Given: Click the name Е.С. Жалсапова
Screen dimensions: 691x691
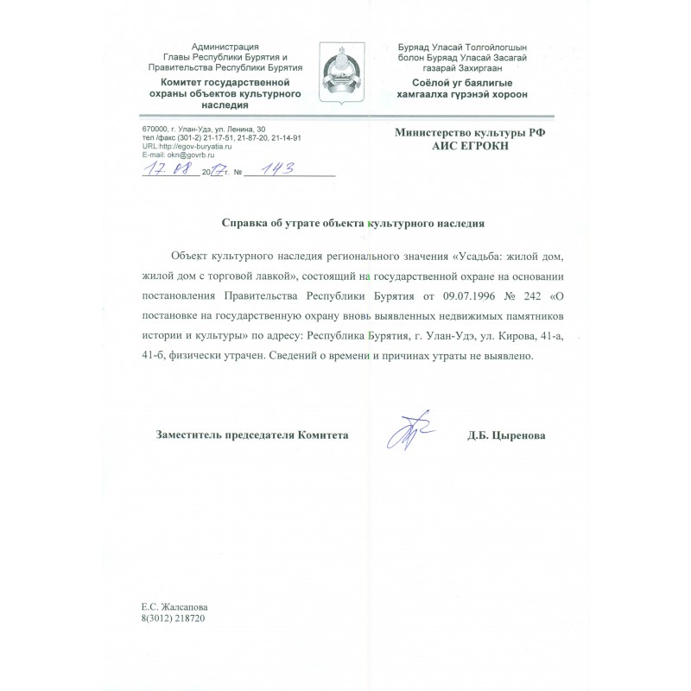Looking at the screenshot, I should click(x=174, y=607).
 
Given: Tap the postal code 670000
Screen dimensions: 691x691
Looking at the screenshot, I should click(x=156, y=129).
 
